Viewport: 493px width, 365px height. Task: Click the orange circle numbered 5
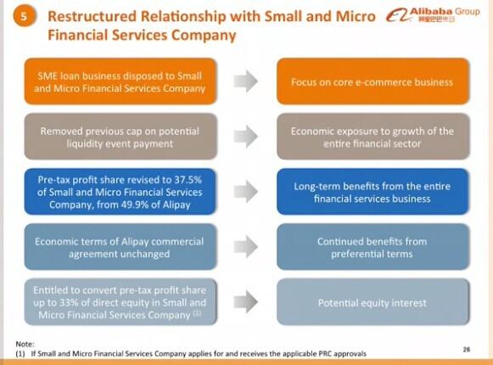point(24,16)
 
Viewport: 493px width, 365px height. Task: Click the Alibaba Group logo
point(433,14)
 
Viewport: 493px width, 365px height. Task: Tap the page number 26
point(467,349)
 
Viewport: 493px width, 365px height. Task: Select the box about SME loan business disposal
point(120,81)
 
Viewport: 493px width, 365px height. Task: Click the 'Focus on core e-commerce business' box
point(373,81)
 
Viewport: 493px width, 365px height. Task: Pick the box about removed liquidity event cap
point(120,137)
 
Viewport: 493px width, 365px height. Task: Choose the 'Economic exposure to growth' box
point(373,137)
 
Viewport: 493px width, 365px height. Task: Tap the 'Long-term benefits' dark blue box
point(373,192)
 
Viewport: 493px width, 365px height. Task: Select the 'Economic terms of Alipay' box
point(120,247)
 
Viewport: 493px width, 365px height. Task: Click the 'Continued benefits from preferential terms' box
point(373,247)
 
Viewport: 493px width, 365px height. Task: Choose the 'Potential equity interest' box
point(373,301)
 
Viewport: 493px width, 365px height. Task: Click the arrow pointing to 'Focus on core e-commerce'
point(246,81)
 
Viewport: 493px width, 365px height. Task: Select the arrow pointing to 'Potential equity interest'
point(246,301)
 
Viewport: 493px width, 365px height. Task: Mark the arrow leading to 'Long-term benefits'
point(246,192)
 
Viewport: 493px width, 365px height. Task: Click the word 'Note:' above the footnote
point(25,344)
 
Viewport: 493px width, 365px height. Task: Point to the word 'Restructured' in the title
point(92,16)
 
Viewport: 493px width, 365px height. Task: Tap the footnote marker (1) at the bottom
point(20,354)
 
